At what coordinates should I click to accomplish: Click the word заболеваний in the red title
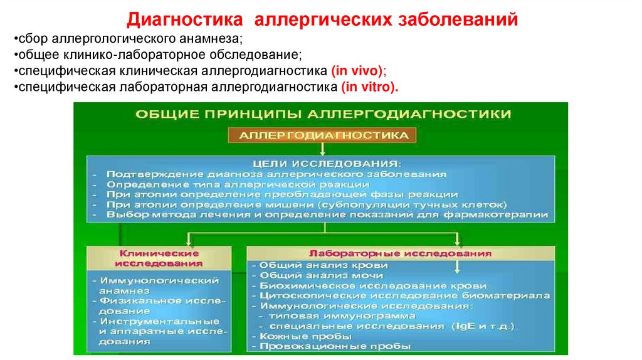pos(458,20)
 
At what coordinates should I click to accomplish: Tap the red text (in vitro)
pos(370,87)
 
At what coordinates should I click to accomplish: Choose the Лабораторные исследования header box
pos(401,253)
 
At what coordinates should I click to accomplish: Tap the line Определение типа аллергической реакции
pos(237,184)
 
